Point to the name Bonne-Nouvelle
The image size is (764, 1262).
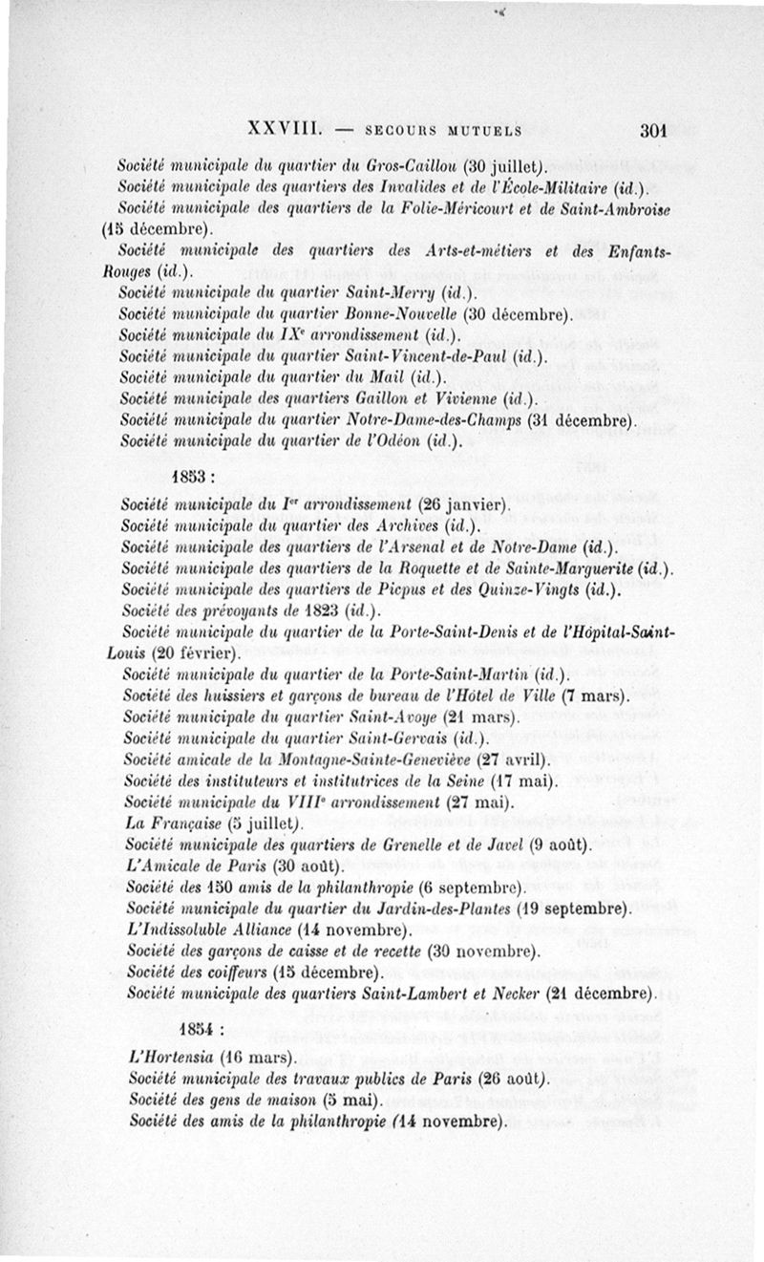pyautogui.click(x=407, y=313)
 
